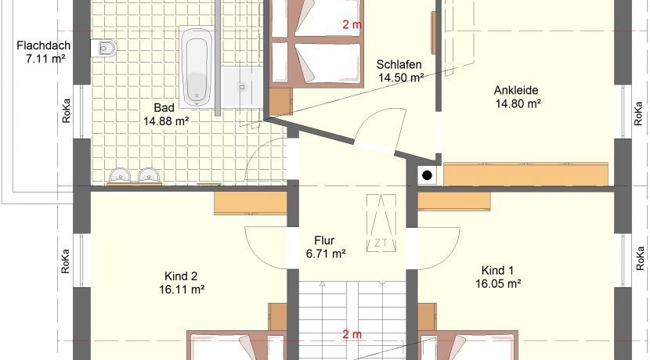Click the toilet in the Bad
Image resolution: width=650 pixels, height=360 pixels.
click(x=103, y=48)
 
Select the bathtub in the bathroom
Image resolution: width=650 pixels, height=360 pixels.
click(x=197, y=67)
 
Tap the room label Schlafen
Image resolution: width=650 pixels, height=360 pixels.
click(x=399, y=65)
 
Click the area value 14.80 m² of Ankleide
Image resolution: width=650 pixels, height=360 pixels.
click(x=518, y=103)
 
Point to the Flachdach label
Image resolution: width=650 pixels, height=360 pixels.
click(x=44, y=45)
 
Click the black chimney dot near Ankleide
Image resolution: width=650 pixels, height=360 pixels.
click(x=427, y=175)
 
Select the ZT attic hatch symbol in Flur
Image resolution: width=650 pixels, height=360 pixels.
click(x=381, y=223)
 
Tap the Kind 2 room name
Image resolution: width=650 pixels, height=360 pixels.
click(x=181, y=276)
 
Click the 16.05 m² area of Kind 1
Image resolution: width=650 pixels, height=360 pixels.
click(x=498, y=284)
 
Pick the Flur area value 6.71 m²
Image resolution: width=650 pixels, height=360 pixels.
click(x=326, y=254)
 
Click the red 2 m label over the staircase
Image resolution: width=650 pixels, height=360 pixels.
click(x=352, y=334)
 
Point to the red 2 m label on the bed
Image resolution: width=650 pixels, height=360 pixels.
click(x=352, y=25)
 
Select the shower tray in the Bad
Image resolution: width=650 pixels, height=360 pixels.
click(x=241, y=88)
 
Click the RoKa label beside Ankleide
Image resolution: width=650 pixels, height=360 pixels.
click(x=639, y=113)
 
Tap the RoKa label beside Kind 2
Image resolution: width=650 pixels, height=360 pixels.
click(x=66, y=261)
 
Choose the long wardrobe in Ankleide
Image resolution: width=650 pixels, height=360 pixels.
click(x=525, y=174)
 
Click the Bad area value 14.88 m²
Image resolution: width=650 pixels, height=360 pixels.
click(x=166, y=121)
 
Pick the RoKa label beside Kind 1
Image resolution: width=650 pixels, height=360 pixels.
click(x=641, y=259)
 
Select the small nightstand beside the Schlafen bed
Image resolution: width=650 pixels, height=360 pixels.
click(x=280, y=102)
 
